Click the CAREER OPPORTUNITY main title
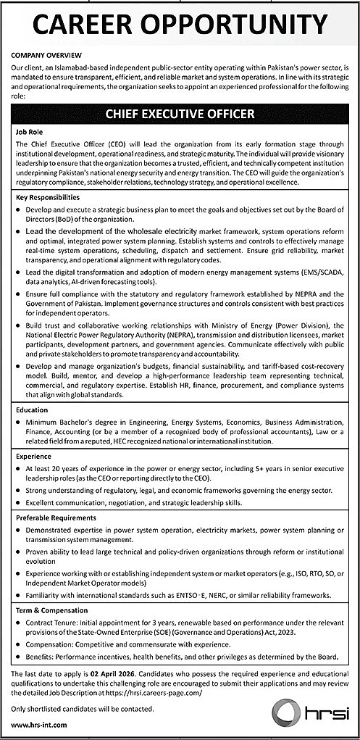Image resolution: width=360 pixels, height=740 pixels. point(180,25)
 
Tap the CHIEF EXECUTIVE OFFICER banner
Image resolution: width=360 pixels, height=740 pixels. point(180,115)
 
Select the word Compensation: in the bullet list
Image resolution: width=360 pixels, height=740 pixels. point(52,645)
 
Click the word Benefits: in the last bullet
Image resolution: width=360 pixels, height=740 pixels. point(42,657)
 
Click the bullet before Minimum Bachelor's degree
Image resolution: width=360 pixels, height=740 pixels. point(18,423)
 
